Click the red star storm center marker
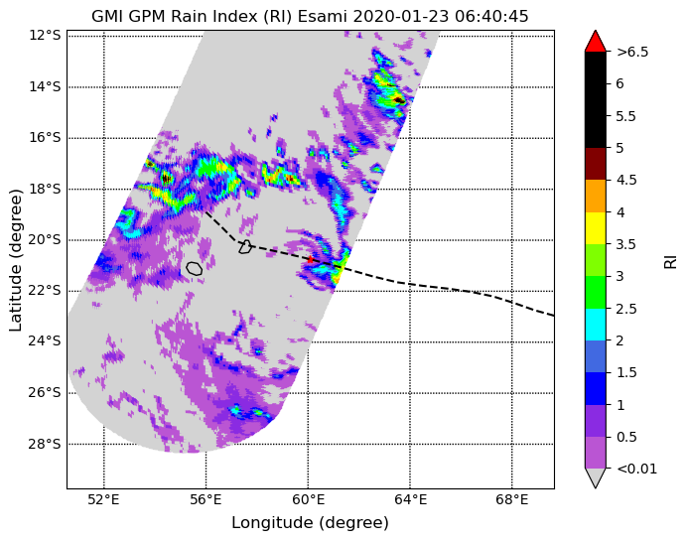tap(310, 259)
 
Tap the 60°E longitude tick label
tap(308, 499)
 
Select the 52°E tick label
tap(103, 499)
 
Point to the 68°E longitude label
tap(511, 499)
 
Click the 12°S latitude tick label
tap(45, 35)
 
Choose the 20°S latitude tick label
tap(45, 240)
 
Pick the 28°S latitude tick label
tap(45, 445)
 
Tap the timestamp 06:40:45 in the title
tap(491, 16)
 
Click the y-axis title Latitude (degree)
tap(15, 261)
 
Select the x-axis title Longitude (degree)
tap(310, 523)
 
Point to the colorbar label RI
tap(670, 261)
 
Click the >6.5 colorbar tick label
tap(632, 52)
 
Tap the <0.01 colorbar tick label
tap(637, 469)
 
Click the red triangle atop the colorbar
tap(596, 41)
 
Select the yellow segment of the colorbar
tap(596, 228)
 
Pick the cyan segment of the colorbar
tap(596, 325)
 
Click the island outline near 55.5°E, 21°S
tap(194, 268)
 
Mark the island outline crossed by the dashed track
tap(245, 247)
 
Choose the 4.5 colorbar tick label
tap(626, 180)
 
